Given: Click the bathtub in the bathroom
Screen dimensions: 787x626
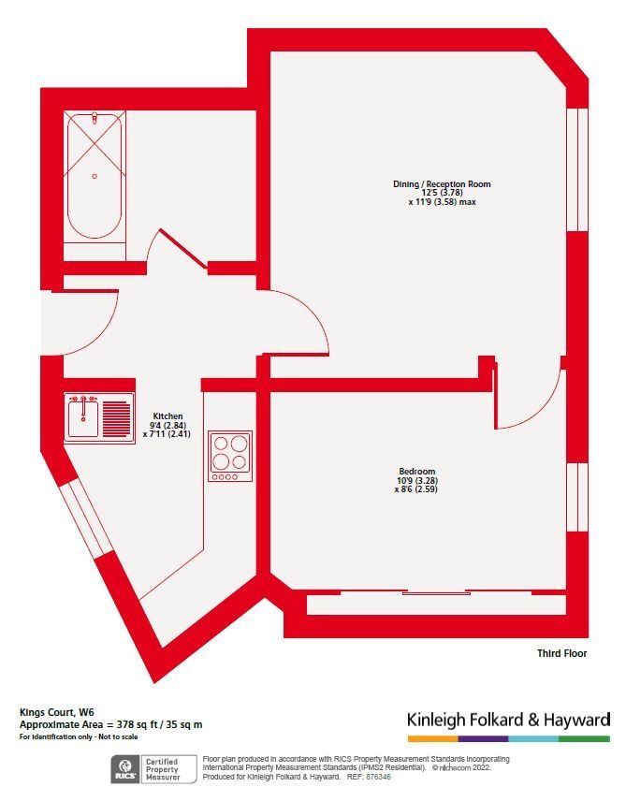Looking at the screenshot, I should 94,176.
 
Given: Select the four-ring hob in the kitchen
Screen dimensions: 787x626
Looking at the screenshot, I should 230,456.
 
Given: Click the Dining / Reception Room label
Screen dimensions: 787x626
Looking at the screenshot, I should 442,184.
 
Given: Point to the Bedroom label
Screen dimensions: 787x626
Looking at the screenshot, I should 415,472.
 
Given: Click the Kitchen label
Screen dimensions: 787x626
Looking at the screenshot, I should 167,416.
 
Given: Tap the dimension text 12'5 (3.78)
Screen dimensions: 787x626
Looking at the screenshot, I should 442,193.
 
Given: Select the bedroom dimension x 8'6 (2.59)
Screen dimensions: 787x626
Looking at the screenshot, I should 415,488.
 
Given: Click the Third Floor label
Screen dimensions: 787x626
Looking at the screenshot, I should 562,653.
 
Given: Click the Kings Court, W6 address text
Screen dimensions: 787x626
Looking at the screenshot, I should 52,712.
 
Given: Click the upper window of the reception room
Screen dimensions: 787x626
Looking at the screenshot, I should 576,168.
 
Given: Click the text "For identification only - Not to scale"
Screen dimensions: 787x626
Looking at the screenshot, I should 79,737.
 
